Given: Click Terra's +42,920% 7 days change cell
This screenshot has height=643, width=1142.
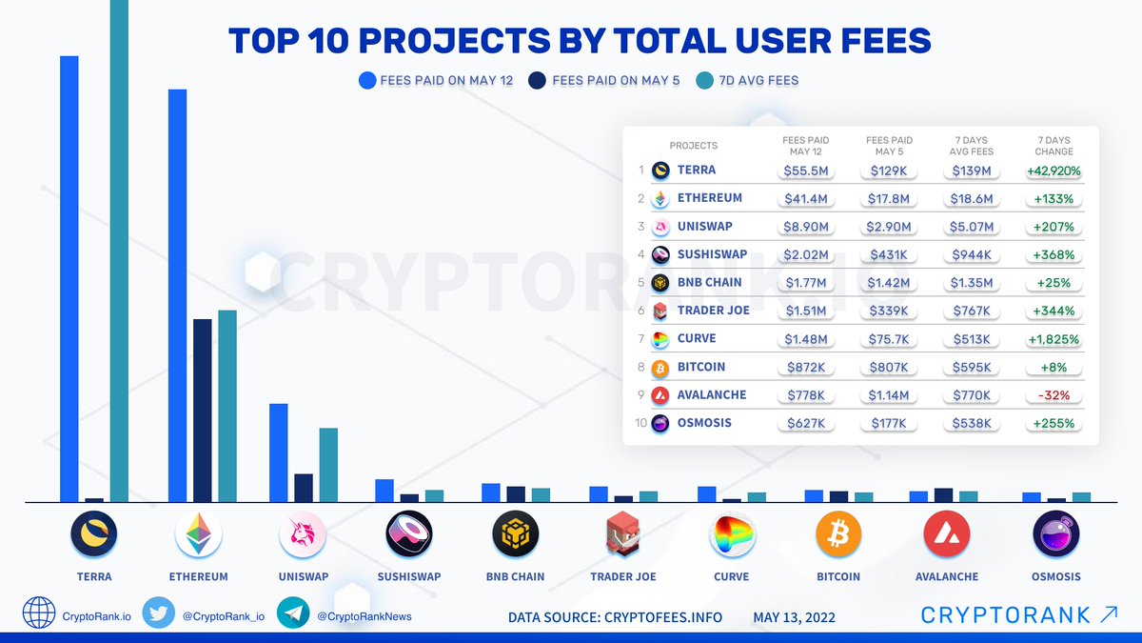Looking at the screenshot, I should [x=1053, y=171].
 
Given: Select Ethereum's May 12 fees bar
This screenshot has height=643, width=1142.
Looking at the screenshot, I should [x=177, y=295].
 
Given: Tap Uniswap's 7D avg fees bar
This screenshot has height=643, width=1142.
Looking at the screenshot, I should [x=328, y=464].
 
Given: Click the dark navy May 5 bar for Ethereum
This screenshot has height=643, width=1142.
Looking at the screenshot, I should [x=202, y=410].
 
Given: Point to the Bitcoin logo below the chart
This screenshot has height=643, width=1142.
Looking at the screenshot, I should [x=838, y=535].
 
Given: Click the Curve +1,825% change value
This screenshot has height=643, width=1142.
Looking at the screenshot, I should [x=1053, y=338].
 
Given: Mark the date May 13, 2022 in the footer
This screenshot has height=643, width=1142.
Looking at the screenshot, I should [x=795, y=617].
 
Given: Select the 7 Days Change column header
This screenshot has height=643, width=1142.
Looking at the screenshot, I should [x=1053, y=146].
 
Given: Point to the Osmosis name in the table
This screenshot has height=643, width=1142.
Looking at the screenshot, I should [x=704, y=422].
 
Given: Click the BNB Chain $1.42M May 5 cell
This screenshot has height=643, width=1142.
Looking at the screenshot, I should [x=891, y=283].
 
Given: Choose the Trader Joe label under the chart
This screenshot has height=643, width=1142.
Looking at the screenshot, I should [x=623, y=576].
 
